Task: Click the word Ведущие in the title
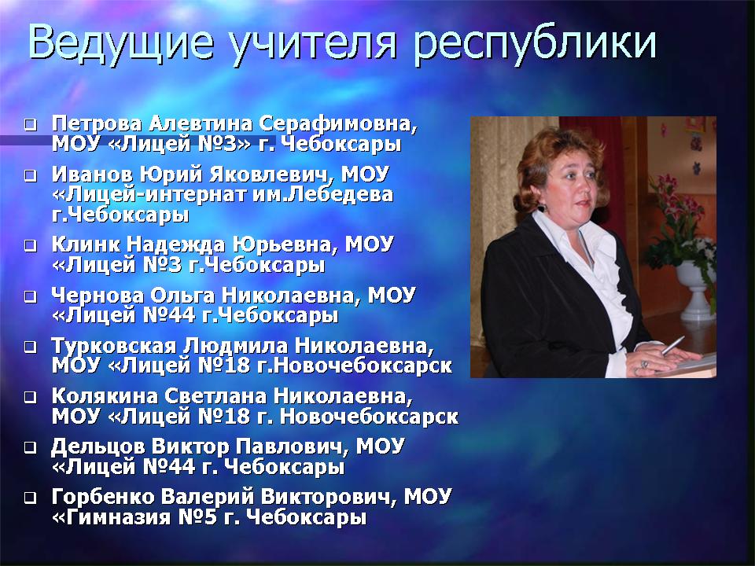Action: point(121,42)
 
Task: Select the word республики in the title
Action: point(535,44)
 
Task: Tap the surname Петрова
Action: point(97,124)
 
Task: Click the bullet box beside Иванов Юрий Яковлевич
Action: point(31,175)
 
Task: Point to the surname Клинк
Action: point(86,244)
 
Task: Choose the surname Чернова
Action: point(98,296)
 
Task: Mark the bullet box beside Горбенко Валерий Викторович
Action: point(31,497)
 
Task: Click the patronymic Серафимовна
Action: point(337,124)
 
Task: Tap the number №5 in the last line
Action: point(197,517)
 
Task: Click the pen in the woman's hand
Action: point(672,346)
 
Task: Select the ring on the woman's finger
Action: point(645,364)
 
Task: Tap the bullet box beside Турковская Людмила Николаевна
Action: point(31,347)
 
